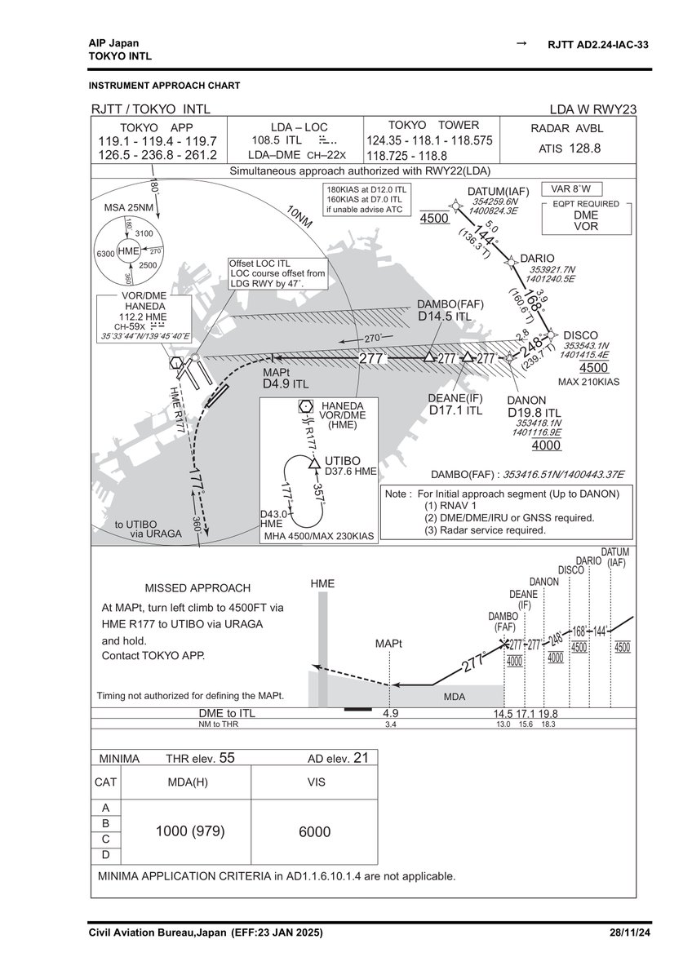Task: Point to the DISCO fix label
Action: coord(581,335)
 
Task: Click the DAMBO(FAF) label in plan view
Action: coord(450,304)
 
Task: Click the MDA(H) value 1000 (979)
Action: coord(189,831)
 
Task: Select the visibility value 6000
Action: coord(314,831)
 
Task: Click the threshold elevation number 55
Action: coord(227,758)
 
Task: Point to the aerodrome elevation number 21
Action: coord(361,758)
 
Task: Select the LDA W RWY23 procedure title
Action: coord(593,110)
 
